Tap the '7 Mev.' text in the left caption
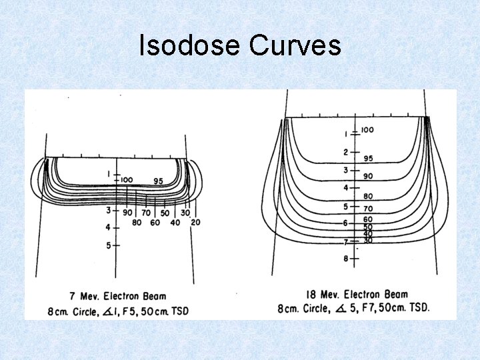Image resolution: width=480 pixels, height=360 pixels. click(83, 295)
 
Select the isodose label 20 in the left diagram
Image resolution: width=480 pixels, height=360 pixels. click(195, 222)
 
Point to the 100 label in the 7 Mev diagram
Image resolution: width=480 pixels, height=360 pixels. click(127, 180)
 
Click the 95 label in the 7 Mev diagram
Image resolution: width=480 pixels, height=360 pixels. click(158, 181)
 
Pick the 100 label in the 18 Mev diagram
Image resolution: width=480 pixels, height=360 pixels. click(367, 129)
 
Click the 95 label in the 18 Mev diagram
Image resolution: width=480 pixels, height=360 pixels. click(368, 159)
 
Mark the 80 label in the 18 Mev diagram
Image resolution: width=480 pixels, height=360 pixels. click(368, 197)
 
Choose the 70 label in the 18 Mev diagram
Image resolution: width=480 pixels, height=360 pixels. click(368, 209)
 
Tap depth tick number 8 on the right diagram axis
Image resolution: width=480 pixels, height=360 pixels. click(345, 259)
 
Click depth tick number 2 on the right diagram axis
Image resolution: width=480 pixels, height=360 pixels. click(345, 153)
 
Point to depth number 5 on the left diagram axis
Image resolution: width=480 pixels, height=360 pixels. click(109, 245)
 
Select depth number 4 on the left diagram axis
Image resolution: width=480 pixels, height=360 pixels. click(109, 227)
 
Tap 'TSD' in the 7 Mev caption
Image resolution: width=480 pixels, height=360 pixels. click(179, 311)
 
